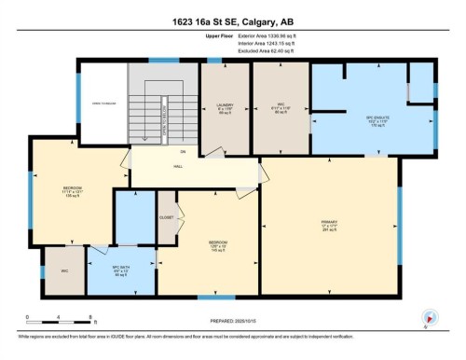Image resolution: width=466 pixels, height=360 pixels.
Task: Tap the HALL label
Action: pos(178,167)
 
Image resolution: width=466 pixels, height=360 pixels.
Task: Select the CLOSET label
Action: pos(167,215)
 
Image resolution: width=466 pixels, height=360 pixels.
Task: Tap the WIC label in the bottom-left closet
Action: pos(63,270)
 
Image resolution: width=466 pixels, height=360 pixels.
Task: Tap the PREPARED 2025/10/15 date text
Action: pos(232,322)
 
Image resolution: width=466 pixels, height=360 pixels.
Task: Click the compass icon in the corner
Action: pos(430,315)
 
